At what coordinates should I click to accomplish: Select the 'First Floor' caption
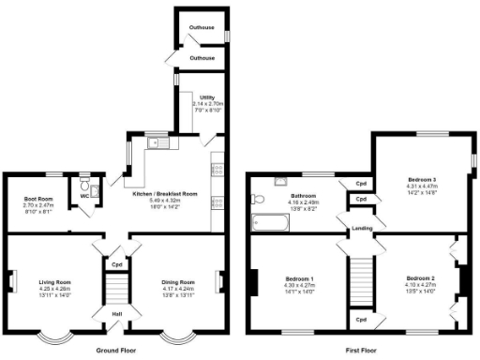pos(361,350)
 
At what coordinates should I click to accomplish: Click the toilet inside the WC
pos(85,184)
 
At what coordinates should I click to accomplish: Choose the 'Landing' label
pos(363,228)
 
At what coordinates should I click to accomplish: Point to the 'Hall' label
pos(117,313)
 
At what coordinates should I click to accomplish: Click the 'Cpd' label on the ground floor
pos(117,264)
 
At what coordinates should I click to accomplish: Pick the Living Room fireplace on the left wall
pos(11,280)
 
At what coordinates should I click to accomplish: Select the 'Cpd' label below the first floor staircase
pos(361,321)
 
